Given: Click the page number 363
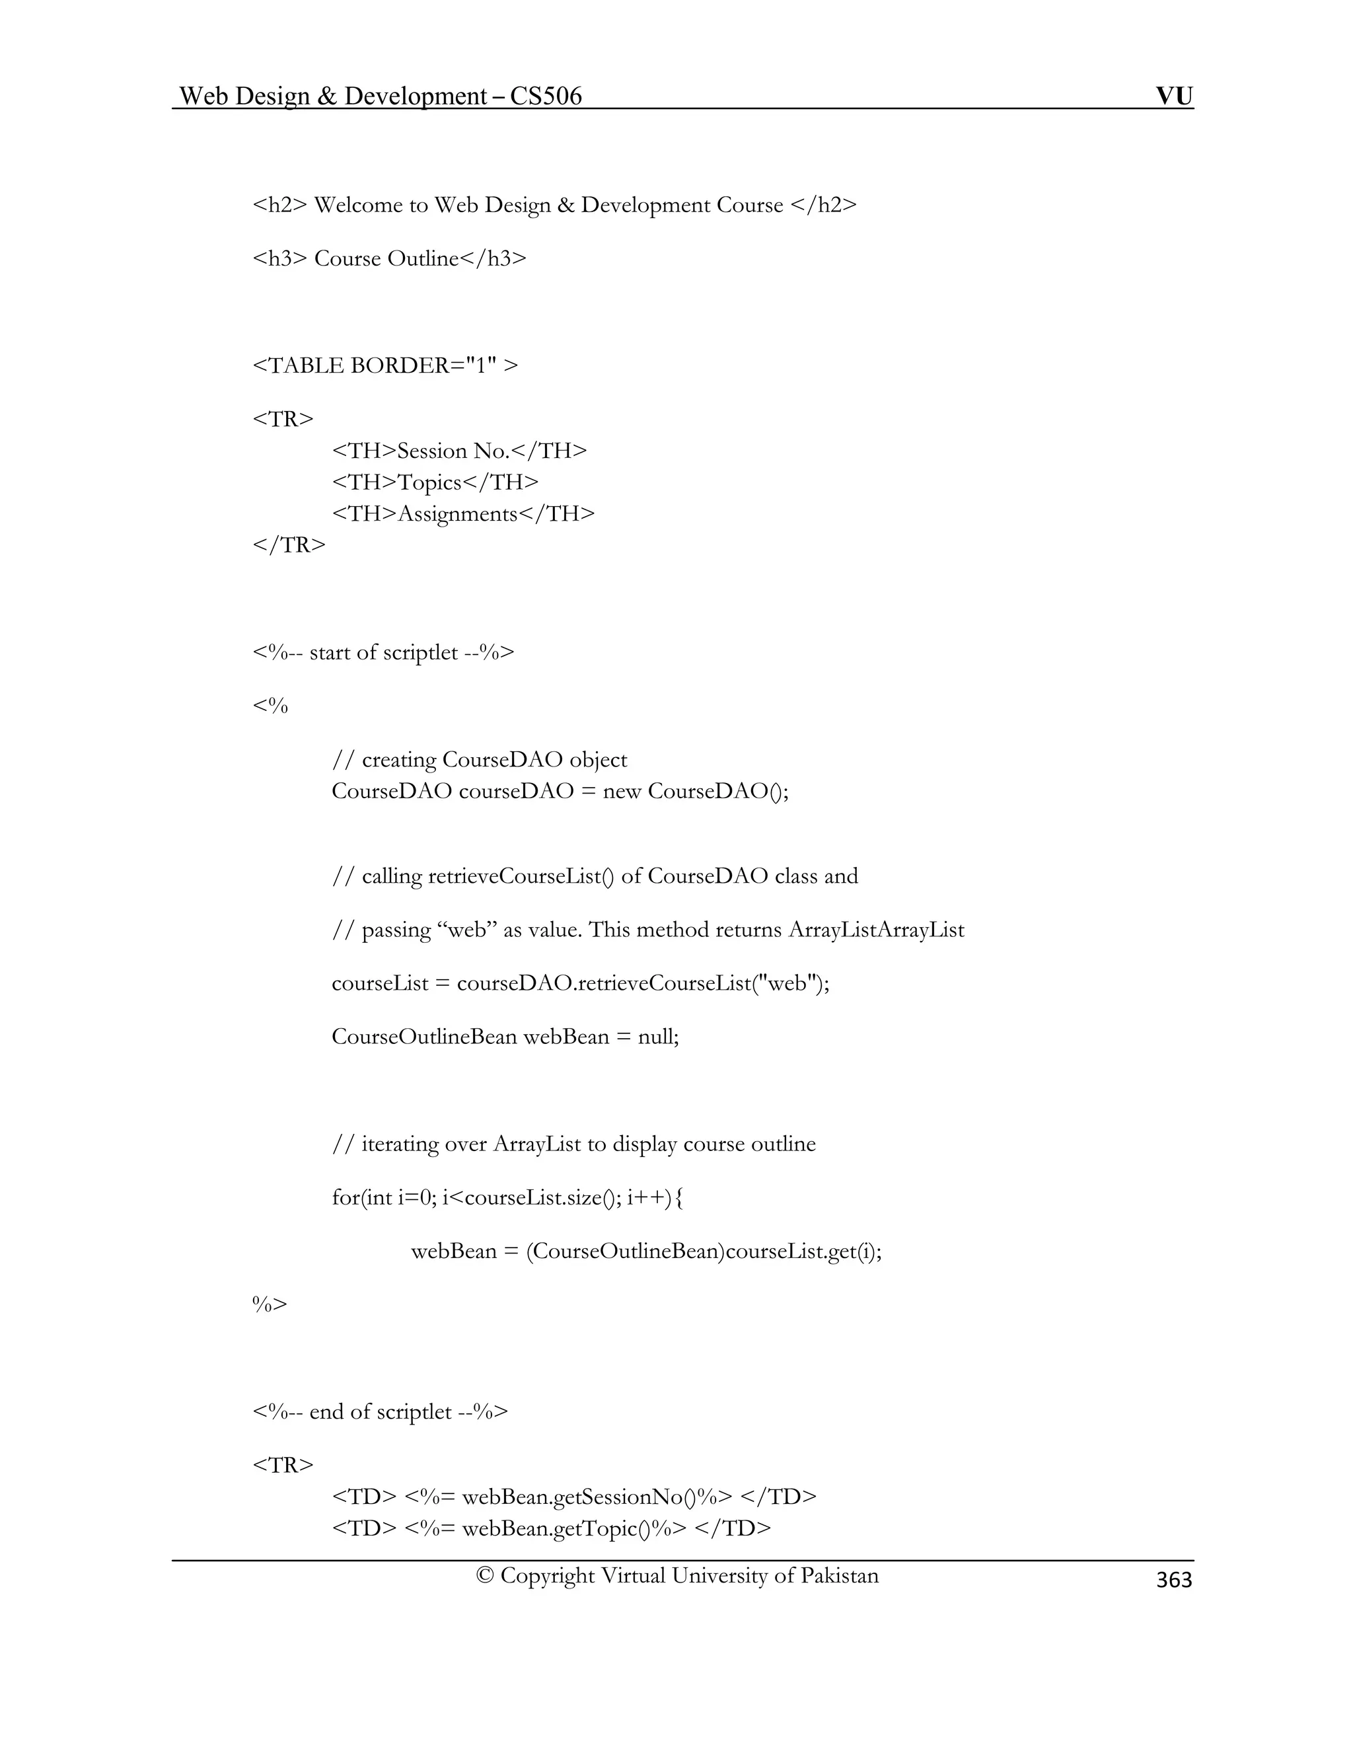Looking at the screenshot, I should [x=1173, y=1579].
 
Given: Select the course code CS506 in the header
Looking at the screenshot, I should [x=546, y=96].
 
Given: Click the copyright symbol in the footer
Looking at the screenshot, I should [x=484, y=1575].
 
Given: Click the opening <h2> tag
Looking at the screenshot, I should [x=279, y=205].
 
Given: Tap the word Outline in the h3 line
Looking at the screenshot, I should [x=422, y=258].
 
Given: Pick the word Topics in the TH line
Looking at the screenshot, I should [x=429, y=482].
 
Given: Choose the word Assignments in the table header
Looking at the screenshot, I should [x=458, y=514].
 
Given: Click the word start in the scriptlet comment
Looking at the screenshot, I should [x=330, y=653].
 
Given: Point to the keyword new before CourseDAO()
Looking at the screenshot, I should [x=621, y=792].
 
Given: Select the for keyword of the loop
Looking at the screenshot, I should [x=346, y=1198].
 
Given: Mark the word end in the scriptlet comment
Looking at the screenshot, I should [x=327, y=1412].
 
